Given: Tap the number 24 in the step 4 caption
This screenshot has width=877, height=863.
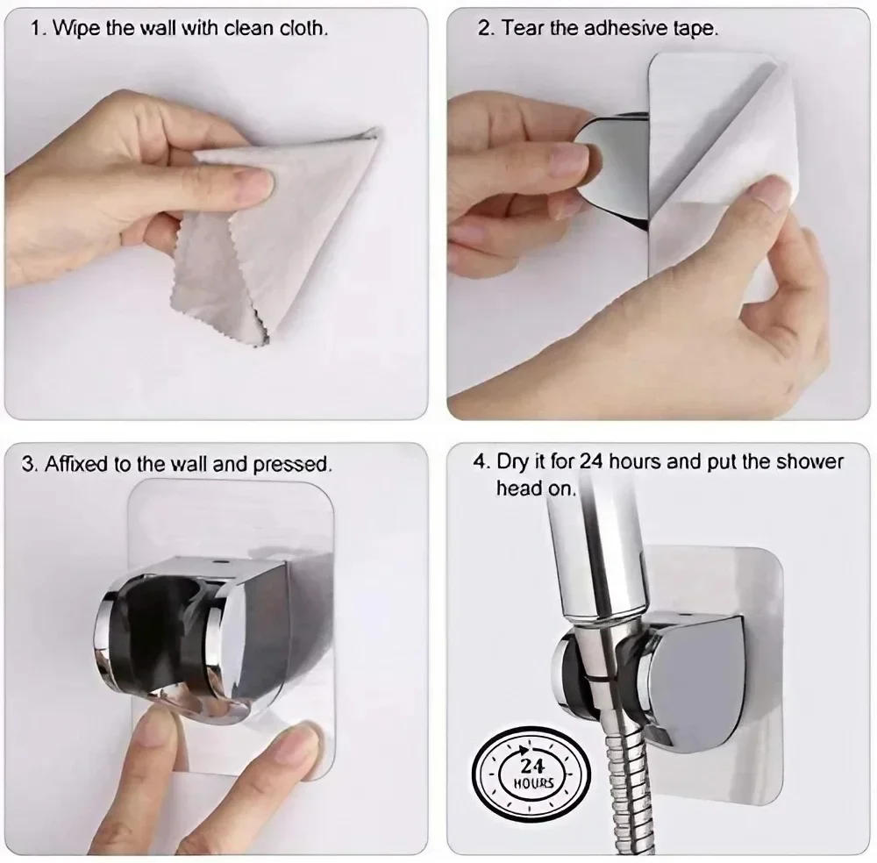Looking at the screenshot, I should coord(593,461).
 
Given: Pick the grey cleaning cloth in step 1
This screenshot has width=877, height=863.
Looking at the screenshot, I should coord(263,237).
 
